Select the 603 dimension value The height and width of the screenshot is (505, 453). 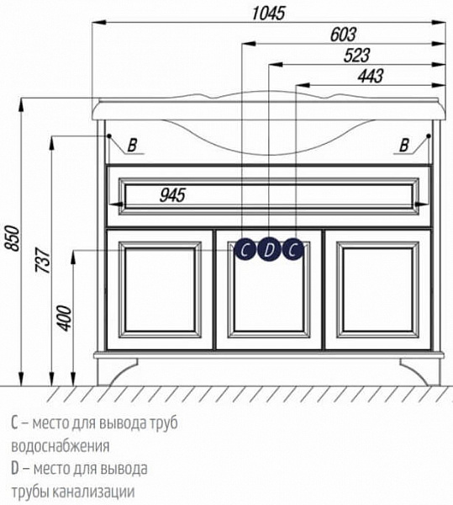[x=342, y=35]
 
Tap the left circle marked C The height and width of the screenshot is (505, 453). [x=244, y=249]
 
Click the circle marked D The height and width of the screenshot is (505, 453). [x=268, y=249]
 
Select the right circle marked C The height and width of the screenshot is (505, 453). [x=292, y=249]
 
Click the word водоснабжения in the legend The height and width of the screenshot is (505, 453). [x=61, y=445]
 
